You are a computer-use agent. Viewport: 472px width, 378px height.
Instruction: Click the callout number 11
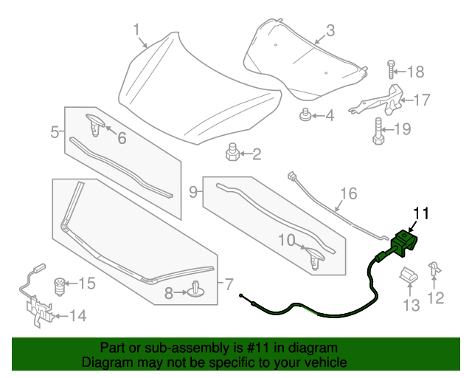click(420, 213)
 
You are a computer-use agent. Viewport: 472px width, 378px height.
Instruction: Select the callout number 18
click(416, 72)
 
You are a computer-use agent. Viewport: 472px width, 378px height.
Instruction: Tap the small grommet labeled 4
click(303, 115)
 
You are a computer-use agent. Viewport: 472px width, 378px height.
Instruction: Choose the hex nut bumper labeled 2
click(231, 154)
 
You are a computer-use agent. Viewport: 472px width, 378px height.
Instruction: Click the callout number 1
click(136, 29)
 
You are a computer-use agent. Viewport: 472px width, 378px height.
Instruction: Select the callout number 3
click(330, 30)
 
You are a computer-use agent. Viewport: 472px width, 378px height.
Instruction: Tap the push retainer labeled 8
click(195, 292)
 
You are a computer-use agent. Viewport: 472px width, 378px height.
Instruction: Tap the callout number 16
click(348, 194)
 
